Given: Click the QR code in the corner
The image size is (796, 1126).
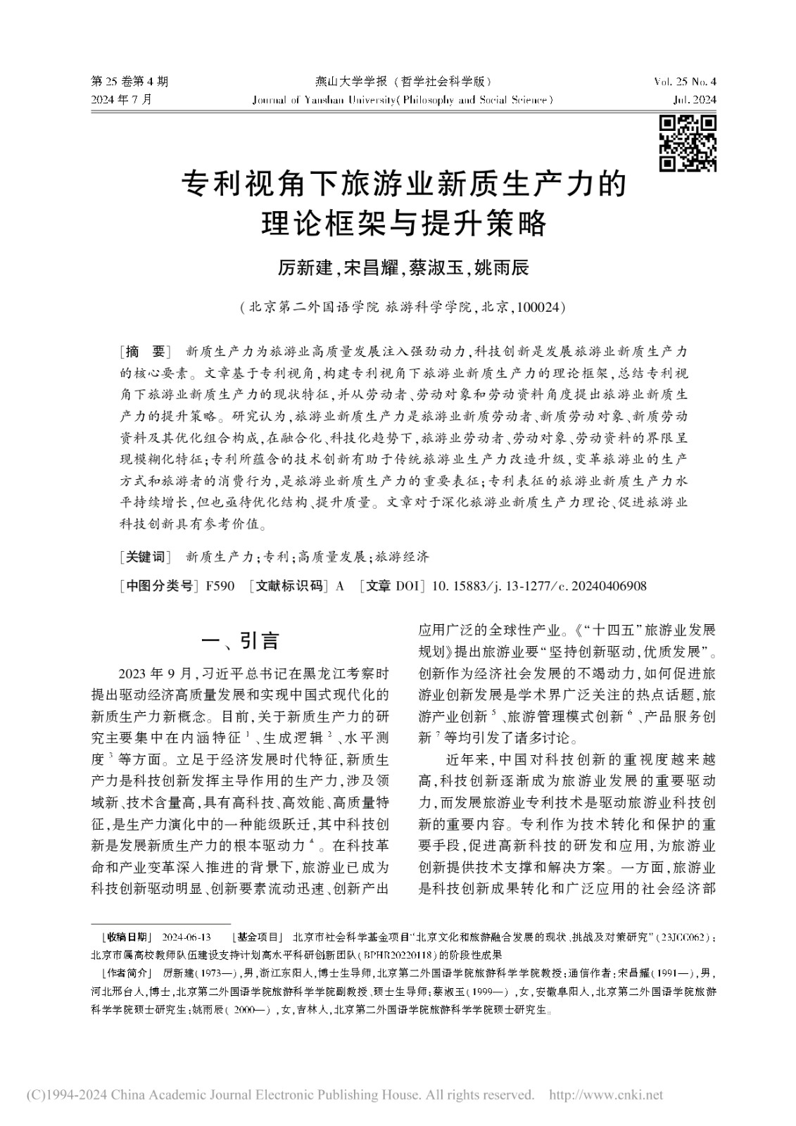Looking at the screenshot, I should [688, 144].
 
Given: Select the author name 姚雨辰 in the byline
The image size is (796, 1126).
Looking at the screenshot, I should [501, 268].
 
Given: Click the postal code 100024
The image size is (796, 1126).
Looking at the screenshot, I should [538, 308].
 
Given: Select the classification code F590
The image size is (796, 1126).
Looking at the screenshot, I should [220, 586].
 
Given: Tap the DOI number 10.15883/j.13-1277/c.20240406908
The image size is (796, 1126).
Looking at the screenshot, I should [538, 586].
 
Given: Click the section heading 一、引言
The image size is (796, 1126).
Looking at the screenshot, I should [240, 641].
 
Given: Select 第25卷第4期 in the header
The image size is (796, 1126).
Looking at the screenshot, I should [130, 82].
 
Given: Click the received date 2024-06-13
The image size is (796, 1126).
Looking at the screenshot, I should [187, 937].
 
